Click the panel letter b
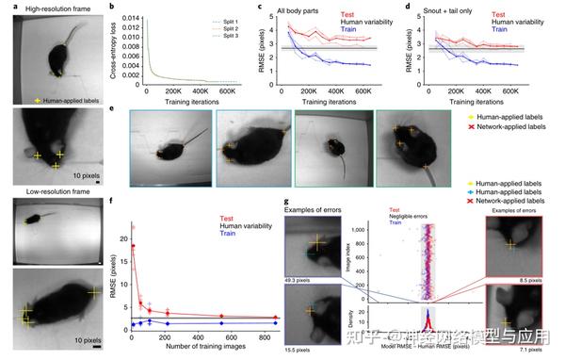115,7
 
